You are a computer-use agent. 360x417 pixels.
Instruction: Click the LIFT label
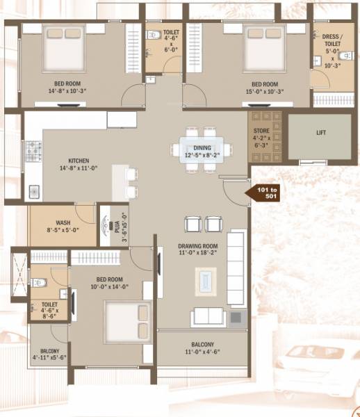[320, 132]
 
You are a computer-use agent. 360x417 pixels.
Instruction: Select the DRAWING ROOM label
[197, 246]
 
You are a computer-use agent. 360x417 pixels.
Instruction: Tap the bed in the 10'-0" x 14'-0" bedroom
[126, 320]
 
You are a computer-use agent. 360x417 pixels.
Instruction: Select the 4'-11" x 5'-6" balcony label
[49, 354]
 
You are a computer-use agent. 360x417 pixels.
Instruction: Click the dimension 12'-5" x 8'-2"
[202, 156]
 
